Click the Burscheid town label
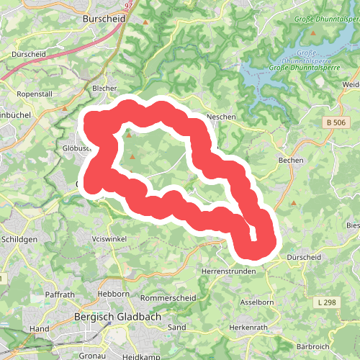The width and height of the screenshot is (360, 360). [x=105, y=17]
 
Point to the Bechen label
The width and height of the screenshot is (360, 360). [x=291, y=160]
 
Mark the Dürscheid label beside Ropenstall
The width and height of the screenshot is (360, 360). [x=28, y=54]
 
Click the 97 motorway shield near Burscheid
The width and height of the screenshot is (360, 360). [x=129, y=4]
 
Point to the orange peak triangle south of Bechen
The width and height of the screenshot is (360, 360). [x=293, y=203]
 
